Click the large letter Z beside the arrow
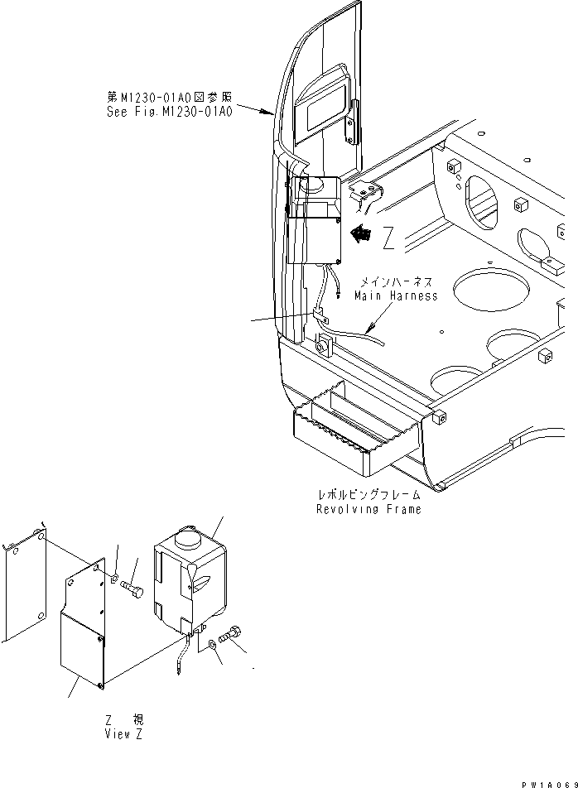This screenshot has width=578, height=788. point(388,239)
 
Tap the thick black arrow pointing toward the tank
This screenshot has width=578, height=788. point(360,234)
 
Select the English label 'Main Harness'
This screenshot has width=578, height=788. point(396,295)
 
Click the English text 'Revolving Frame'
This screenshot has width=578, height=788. point(368,509)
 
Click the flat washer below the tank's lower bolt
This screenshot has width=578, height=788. point(214,644)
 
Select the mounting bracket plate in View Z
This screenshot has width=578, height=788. point(83,629)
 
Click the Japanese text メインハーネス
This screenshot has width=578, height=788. point(396,283)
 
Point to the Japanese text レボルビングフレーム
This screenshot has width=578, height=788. point(368,495)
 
